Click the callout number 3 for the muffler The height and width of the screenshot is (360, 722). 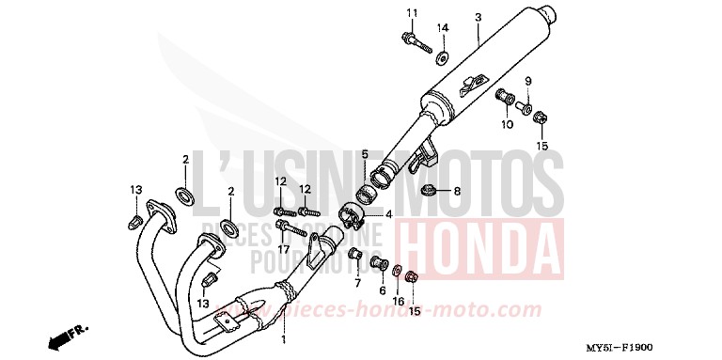point(478,17)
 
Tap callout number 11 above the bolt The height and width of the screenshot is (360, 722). point(411,12)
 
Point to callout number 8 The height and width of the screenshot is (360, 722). point(457,192)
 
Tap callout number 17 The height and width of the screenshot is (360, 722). point(357,282)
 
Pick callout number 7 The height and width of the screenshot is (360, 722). point(527,80)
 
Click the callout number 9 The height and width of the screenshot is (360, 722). point(527,80)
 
